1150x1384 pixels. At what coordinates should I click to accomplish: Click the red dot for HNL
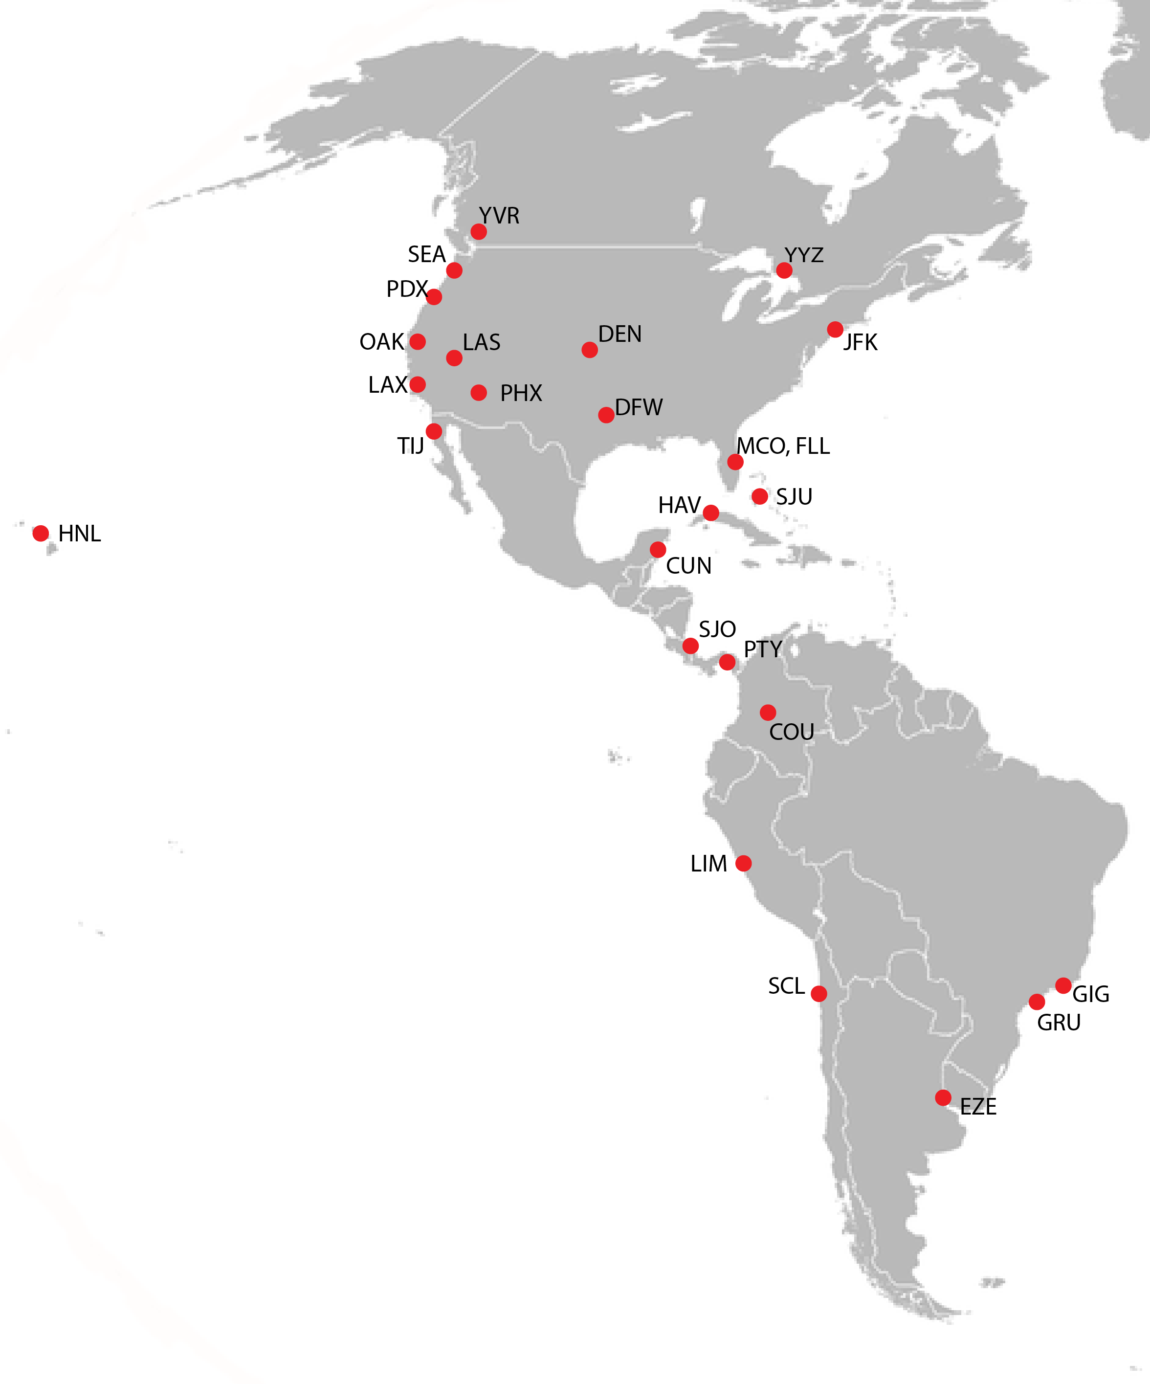(x=41, y=533)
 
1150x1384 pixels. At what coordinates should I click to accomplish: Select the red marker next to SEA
(x=454, y=270)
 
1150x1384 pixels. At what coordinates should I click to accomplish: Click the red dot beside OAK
(x=417, y=341)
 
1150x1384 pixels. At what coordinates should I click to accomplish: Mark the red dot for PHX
(x=479, y=393)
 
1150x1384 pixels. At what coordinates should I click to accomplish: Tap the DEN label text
(x=619, y=334)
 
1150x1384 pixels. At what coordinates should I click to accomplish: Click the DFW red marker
(x=606, y=415)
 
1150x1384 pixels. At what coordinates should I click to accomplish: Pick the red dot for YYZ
(x=784, y=270)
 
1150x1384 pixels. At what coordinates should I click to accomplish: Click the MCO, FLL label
(x=783, y=446)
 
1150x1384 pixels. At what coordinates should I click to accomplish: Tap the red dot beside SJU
(x=760, y=496)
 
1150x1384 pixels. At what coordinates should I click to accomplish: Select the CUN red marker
(x=658, y=550)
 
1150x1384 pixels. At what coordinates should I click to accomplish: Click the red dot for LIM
(x=743, y=863)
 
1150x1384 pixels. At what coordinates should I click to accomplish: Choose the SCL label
(x=786, y=986)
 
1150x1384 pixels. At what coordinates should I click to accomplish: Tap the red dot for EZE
(x=943, y=1097)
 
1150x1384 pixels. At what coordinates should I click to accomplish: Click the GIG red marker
(x=1063, y=985)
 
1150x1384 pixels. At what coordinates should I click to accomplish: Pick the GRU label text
(x=1059, y=1023)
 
